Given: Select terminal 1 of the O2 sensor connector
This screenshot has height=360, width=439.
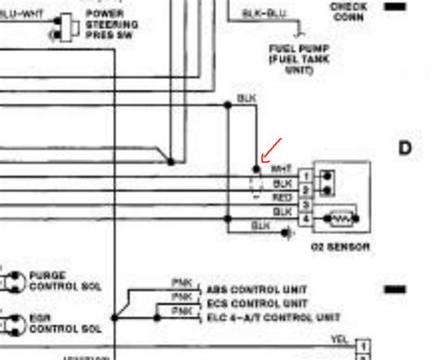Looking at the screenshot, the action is point(305,175).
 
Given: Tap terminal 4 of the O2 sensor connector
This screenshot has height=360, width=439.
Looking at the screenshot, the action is point(305,217).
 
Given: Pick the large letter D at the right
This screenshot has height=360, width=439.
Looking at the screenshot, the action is point(404,148).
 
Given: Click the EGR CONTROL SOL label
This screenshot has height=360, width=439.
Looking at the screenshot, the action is point(61,324).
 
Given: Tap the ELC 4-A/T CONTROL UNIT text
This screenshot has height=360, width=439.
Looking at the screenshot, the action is point(261,317).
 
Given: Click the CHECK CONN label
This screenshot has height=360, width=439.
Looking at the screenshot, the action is point(348,10).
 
